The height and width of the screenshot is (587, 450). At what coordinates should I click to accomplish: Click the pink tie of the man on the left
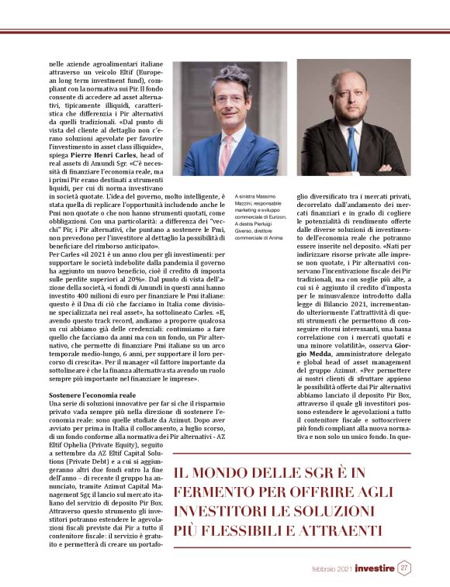(225, 143)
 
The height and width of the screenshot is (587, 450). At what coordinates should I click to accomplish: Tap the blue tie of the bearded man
(354, 147)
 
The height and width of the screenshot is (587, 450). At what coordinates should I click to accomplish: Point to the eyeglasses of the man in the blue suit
(230, 99)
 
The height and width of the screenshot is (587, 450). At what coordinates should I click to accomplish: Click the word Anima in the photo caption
(278, 234)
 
